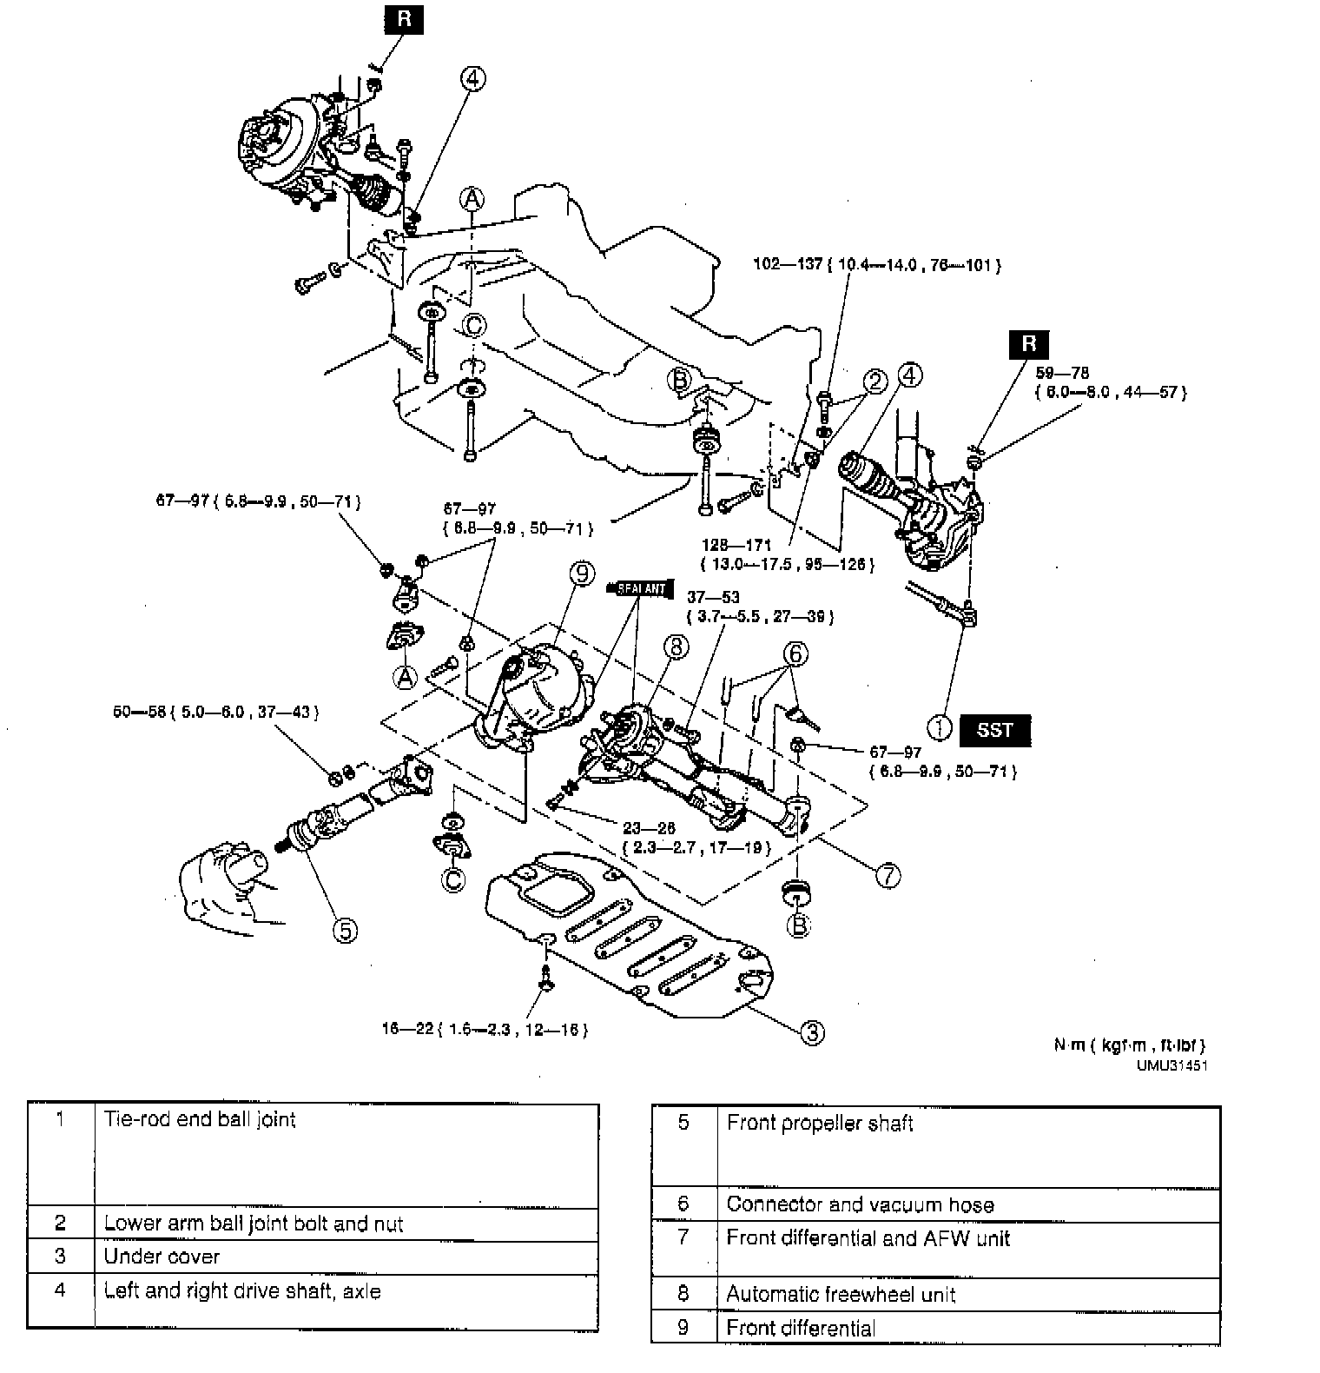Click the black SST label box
[994, 730]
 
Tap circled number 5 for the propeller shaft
[345, 931]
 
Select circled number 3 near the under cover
[811, 1032]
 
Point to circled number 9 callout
[582, 574]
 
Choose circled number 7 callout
[887, 876]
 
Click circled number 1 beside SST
[940, 726]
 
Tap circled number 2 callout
[874, 381]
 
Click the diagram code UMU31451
[1171, 1065]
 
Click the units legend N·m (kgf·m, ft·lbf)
[1129, 1045]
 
